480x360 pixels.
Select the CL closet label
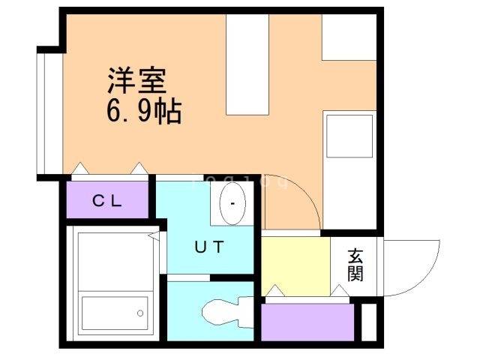point(108,200)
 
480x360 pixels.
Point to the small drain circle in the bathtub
point(139,313)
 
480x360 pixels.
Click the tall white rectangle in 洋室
point(247,64)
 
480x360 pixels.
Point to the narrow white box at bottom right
point(368,322)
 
